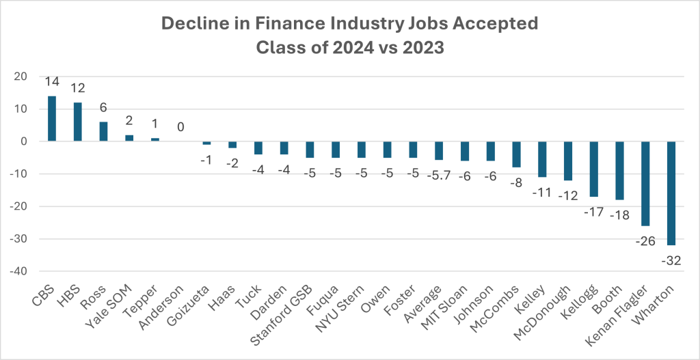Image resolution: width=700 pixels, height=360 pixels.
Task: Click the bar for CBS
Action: pos(52,119)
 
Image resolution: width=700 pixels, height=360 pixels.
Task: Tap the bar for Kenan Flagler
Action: pos(646,184)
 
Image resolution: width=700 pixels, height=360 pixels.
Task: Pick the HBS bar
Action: pos(78,122)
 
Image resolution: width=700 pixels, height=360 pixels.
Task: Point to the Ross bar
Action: pos(103,132)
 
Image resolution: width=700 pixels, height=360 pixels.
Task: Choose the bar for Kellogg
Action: pos(594,169)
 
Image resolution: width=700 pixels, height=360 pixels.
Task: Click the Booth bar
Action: pos(620,171)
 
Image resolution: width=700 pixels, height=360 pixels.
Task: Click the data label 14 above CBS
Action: pos(52,82)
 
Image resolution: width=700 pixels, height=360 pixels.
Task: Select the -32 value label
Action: pos(672,260)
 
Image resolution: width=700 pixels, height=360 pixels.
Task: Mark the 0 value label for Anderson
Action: pos(181,128)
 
